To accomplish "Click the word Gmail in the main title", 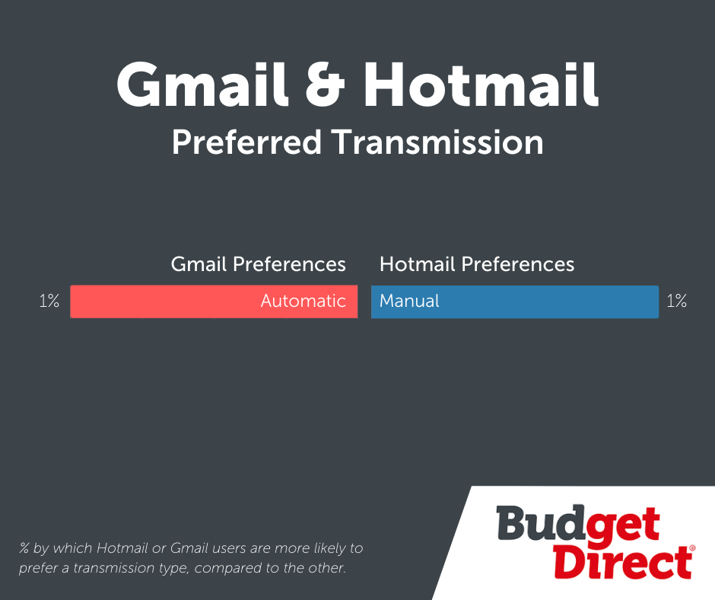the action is (202, 85).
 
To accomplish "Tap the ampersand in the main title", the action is (325, 85).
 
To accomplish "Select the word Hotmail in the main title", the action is (481, 85).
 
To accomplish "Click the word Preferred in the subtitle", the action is (246, 142).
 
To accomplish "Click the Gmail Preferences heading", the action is (258, 264).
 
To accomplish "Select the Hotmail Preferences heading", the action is (477, 264).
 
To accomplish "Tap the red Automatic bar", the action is (214, 302).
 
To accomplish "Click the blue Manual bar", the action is (515, 302).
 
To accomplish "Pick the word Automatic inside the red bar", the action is (303, 301).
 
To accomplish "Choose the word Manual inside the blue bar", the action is (409, 301).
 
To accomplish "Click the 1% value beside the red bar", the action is (49, 301).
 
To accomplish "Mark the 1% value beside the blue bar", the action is (677, 301).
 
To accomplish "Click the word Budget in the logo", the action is (578, 524).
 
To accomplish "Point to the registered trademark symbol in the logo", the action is (692, 547).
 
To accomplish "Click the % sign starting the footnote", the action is (24, 547).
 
